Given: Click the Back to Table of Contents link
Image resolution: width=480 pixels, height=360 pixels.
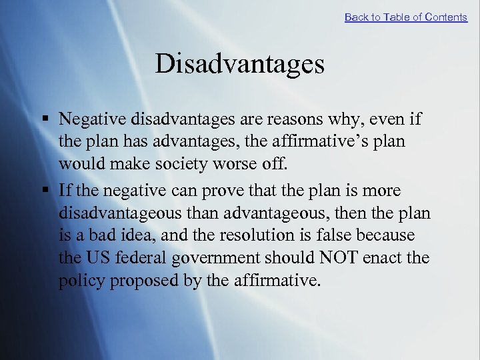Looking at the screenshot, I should (x=405, y=17).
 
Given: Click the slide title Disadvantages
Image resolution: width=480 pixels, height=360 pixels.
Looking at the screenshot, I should (x=239, y=65).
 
